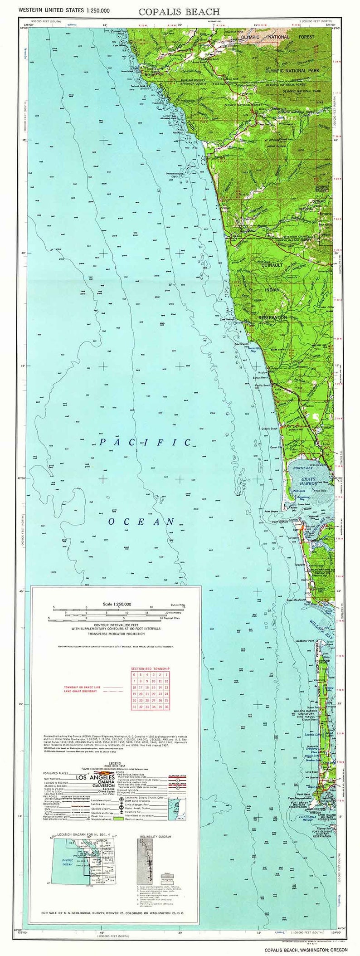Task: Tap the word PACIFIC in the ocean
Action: pos(145,442)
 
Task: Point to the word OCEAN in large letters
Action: pos(141,522)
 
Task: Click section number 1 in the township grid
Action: pos(167,675)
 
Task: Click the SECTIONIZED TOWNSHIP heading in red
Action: pos(151,668)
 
